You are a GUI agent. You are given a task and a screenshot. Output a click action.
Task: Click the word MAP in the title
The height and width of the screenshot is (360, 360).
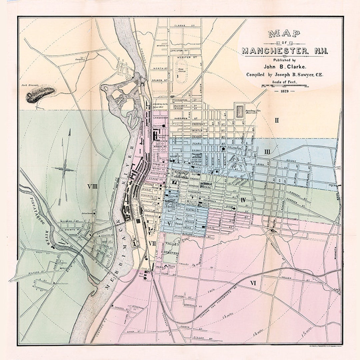pyautogui.click(x=284, y=33)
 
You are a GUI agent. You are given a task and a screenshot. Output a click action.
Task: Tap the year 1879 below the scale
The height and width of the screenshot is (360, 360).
pyautogui.click(x=284, y=91)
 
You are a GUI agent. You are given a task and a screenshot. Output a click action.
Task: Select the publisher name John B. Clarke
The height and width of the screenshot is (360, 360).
pyautogui.click(x=285, y=67)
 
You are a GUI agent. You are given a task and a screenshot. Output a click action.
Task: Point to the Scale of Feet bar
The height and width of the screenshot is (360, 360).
pyautogui.click(x=284, y=86)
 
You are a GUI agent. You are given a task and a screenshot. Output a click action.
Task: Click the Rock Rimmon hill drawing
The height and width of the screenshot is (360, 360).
pyautogui.click(x=40, y=94)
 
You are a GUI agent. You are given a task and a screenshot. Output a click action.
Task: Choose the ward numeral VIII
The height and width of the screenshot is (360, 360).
pyautogui.click(x=92, y=186)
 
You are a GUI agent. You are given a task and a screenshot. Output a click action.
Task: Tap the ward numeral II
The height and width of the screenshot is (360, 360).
pyautogui.click(x=276, y=120)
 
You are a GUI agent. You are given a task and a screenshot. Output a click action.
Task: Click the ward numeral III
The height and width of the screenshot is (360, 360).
pyautogui.click(x=267, y=152)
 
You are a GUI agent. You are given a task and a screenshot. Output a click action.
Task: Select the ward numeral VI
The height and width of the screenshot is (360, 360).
pyautogui.click(x=253, y=283)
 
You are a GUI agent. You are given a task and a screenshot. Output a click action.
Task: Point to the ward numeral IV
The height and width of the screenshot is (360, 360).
pyautogui.click(x=243, y=200)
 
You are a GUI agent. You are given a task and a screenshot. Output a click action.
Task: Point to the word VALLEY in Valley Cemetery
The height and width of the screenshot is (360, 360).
pyautogui.click(x=172, y=244)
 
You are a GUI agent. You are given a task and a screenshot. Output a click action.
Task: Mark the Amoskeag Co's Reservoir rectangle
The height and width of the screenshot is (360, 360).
pyautogui.click(x=240, y=111)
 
